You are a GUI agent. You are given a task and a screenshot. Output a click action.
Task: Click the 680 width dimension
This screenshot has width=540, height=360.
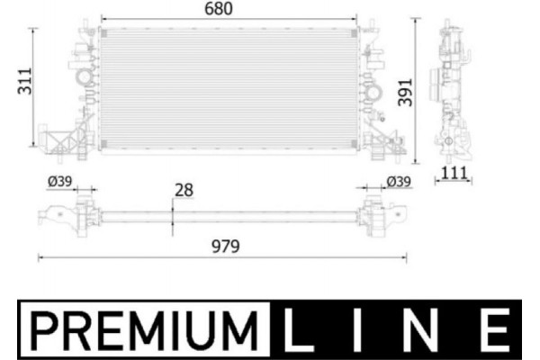pos(229,10)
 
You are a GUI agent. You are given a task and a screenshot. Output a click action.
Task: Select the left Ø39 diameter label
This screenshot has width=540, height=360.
pos(59,183)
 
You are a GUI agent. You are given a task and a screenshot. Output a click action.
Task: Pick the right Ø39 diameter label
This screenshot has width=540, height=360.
pos(398,183)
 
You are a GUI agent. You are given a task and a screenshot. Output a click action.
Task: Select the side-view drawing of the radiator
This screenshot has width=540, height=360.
pos(455,90)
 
